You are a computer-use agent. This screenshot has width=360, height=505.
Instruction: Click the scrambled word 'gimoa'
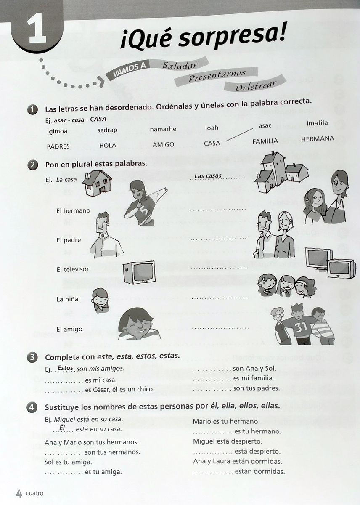point(58,131)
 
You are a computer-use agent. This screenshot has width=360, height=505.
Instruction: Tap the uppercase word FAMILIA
point(265,141)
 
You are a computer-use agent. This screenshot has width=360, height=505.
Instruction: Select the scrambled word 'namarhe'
point(163,129)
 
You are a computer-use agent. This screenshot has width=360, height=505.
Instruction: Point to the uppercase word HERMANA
point(318,138)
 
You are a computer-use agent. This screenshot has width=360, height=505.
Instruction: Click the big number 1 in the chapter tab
point(37,31)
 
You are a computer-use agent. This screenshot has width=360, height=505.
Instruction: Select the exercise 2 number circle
point(32,165)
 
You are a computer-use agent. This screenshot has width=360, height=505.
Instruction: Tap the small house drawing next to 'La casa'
point(97,183)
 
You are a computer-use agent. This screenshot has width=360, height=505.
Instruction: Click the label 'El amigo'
point(69,329)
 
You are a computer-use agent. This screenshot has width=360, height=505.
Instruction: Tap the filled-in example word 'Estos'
point(65,368)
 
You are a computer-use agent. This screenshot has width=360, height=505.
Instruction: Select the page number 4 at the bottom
point(19,494)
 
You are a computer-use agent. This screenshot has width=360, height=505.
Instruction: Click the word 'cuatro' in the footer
point(34,494)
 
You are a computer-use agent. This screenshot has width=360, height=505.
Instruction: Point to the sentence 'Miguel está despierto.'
point(228,441)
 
